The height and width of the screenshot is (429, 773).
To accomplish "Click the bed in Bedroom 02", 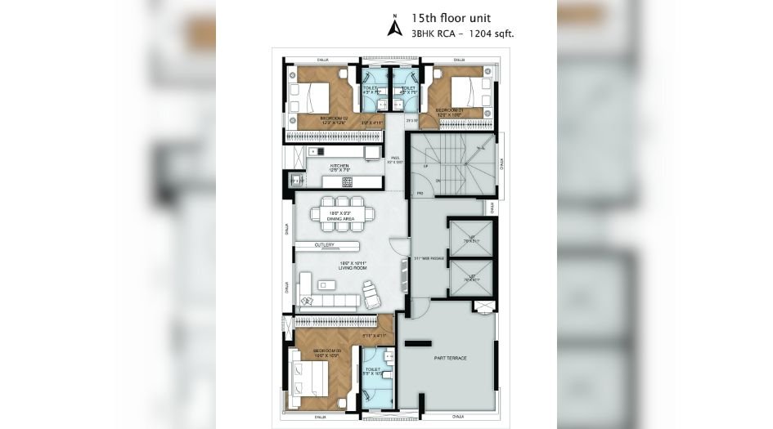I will point(315,99).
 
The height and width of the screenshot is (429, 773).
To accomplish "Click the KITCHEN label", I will point(339,167).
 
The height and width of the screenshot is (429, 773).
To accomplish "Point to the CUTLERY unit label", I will point(325,244).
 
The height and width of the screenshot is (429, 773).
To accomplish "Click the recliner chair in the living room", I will point(372,290).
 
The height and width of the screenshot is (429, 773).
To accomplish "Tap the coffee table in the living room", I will point(326,284).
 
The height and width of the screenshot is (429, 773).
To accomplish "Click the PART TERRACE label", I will point(450,358).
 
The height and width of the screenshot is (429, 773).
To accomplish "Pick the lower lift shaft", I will point(471,278).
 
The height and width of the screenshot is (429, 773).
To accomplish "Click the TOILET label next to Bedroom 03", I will point(373,370).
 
